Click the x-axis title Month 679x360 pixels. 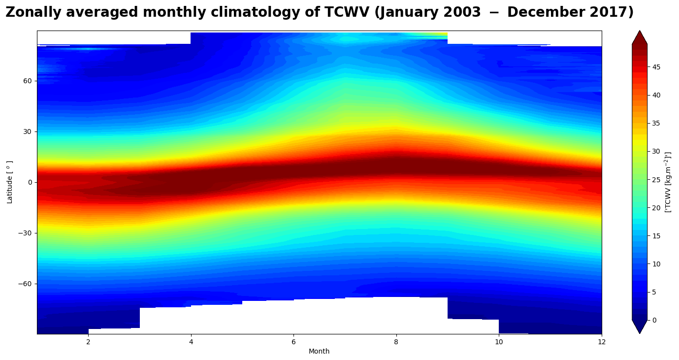319,351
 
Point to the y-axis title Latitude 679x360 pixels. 10,182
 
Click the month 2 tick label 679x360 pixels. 88,342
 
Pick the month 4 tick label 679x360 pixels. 191,342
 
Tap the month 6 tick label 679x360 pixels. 293,342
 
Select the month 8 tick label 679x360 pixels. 396,342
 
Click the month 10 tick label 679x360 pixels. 499,342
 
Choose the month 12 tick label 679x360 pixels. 601,342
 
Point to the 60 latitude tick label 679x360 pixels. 28,81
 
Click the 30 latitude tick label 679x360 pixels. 28,131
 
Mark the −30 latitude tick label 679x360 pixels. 26,233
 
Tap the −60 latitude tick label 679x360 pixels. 26,284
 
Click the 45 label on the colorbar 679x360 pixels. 656,66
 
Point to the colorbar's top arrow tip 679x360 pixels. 640,31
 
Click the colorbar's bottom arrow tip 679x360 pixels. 640,333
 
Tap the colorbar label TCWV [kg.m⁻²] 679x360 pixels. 668,182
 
